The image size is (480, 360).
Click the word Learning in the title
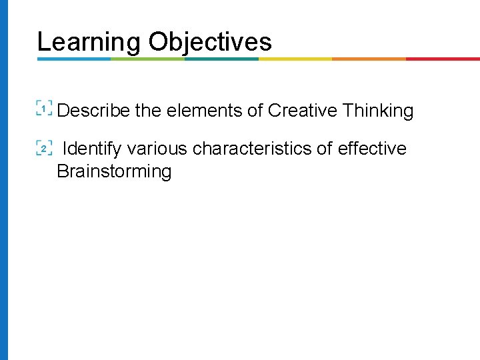89,42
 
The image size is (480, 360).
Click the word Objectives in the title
210,42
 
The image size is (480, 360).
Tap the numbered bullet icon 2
44,148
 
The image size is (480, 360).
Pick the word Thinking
379,111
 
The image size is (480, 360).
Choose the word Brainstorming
114,171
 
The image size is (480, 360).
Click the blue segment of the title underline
73,59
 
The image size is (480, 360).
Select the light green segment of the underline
147,59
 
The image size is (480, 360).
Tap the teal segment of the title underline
221,59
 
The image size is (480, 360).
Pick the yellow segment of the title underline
295,59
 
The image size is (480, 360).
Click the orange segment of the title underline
369,59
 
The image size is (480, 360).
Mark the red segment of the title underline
443,59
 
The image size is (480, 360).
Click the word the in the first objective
148,111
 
